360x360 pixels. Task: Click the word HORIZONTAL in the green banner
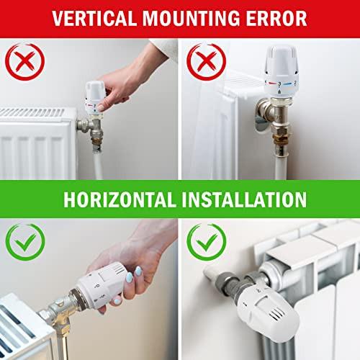click(120, 199)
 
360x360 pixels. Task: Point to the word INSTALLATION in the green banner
click(244, 199)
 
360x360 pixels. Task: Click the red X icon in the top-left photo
click(24, 62)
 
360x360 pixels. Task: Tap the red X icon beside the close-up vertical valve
click(206, 62)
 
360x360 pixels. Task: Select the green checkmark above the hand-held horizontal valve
click(25, 242)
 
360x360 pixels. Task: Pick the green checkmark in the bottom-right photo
click(207, 242)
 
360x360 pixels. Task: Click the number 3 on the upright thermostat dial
click(279, 84)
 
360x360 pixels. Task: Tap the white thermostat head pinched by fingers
click(95, 98)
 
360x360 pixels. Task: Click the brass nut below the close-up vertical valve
click(281, 139)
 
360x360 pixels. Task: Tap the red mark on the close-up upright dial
click(272, 84)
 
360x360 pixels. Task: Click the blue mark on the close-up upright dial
click(287, 84)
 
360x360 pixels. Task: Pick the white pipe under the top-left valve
click(98, 164)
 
